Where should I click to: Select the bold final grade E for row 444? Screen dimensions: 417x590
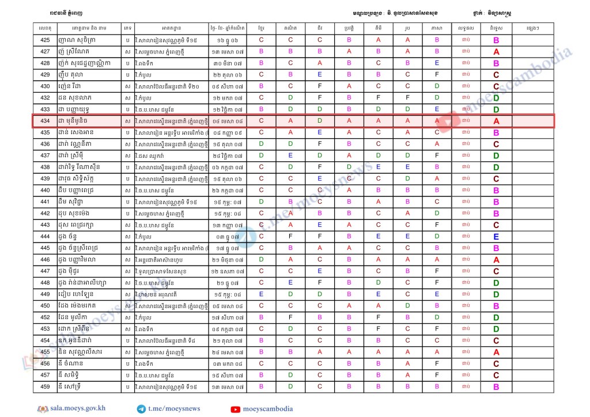(496, 237)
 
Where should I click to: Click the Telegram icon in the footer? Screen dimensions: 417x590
(141, 409)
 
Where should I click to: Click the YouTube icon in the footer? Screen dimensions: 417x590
(235, 409)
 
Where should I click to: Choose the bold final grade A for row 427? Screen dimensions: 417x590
(496, 52)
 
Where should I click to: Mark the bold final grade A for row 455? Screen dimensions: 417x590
(496, 352)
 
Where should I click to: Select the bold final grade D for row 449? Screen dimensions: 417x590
(496, 294)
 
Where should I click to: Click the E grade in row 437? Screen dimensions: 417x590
(290, 156)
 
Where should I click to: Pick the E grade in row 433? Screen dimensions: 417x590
(437, 109)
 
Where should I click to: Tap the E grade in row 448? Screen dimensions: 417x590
(290, 283)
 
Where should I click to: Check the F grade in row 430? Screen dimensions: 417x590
(320, 86)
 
